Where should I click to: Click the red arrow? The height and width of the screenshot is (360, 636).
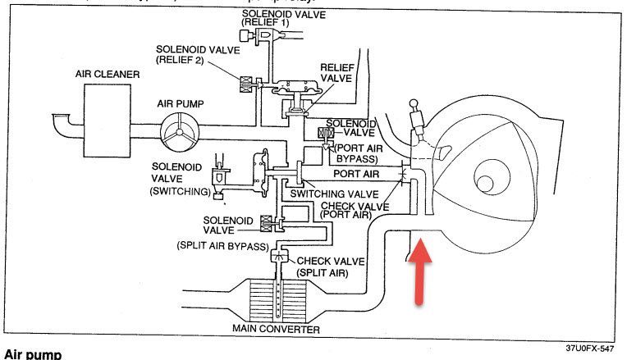pos(419,271)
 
